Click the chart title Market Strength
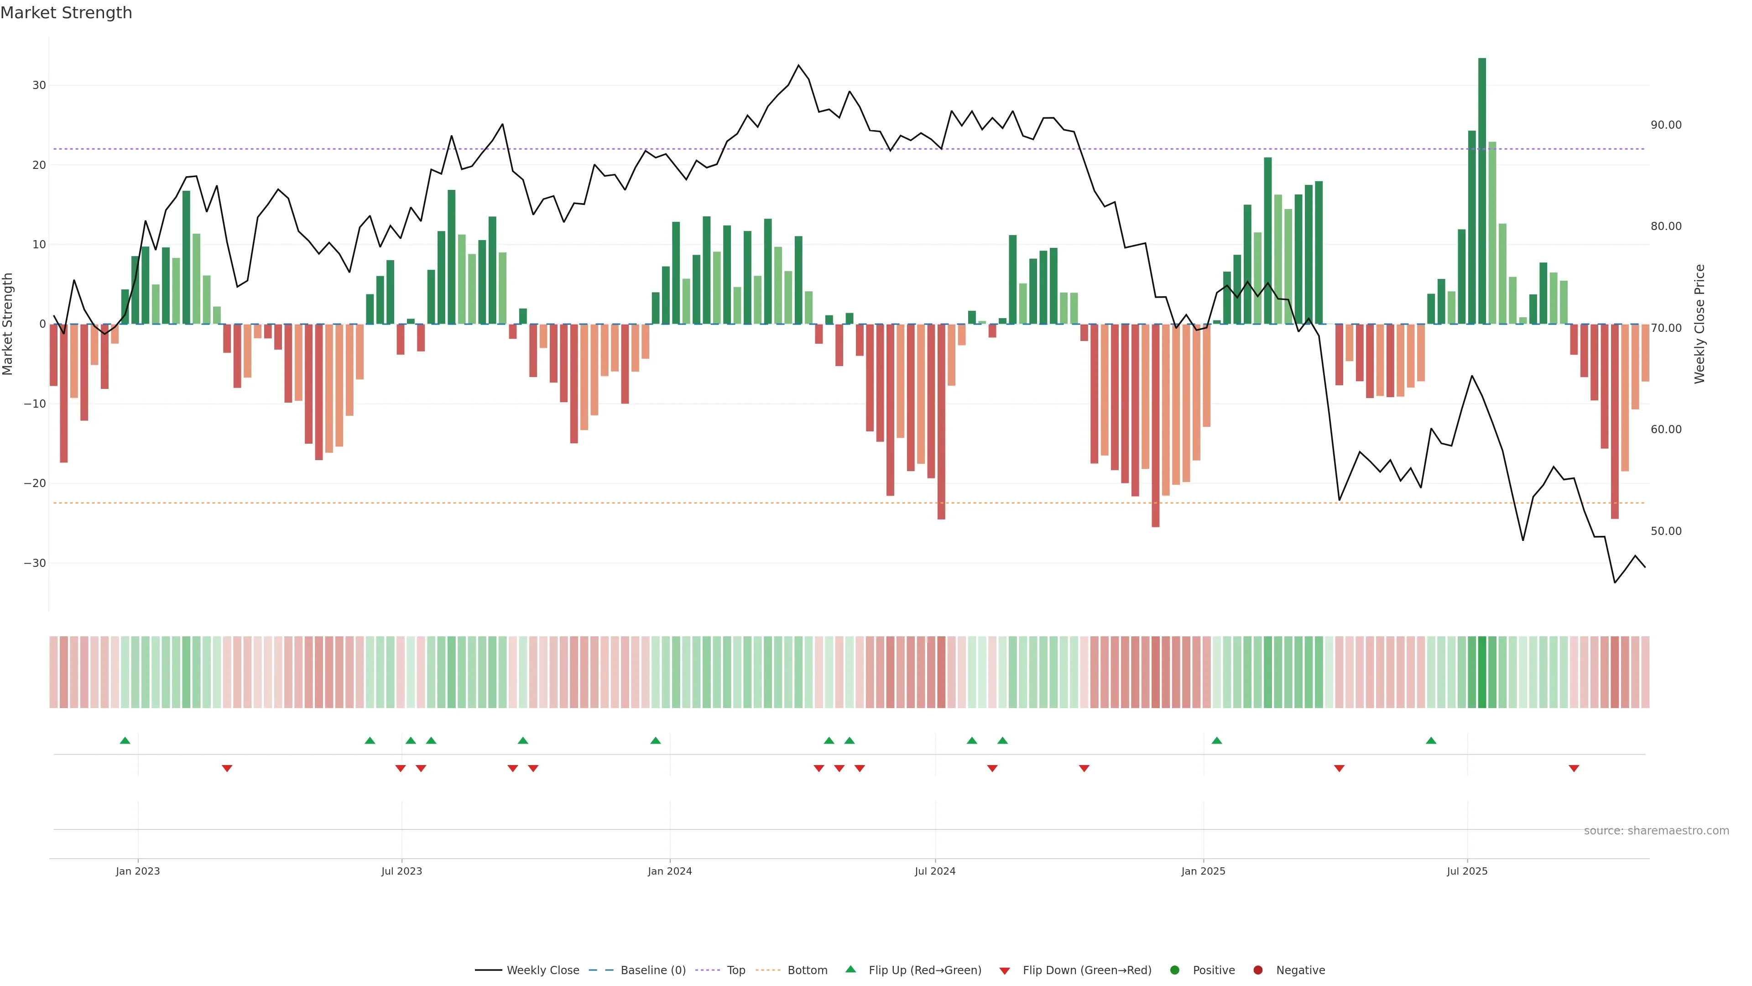pyautogui.click(x=66, y=13)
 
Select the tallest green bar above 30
pyautogui.click(x=1481, y=190)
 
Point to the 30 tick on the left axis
pyautogui.click(x=39, y=85)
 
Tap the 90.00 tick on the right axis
pyautogui.click(x=1666, y=125)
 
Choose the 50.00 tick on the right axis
pyautogui.click(x=1666, y=531)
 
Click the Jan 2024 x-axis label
pyautogui.click(x=669, y=871)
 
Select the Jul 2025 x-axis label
pyautogui.click(x=1466, y=871)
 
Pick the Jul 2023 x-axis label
pyautogui.click(x=401, y=871)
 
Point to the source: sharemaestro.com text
pyautogui.click(x=1656, y=831)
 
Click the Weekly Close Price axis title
pyautogui.click(x=1700, y=324)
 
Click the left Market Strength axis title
pyautogui.click(x=8, y=324)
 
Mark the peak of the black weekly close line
pyautogui.click(x=798, y=65)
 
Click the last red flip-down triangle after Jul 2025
pyautogui.click(x=1573, y=768)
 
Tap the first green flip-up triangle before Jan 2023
pyautogui.click(x=125, y=740)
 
